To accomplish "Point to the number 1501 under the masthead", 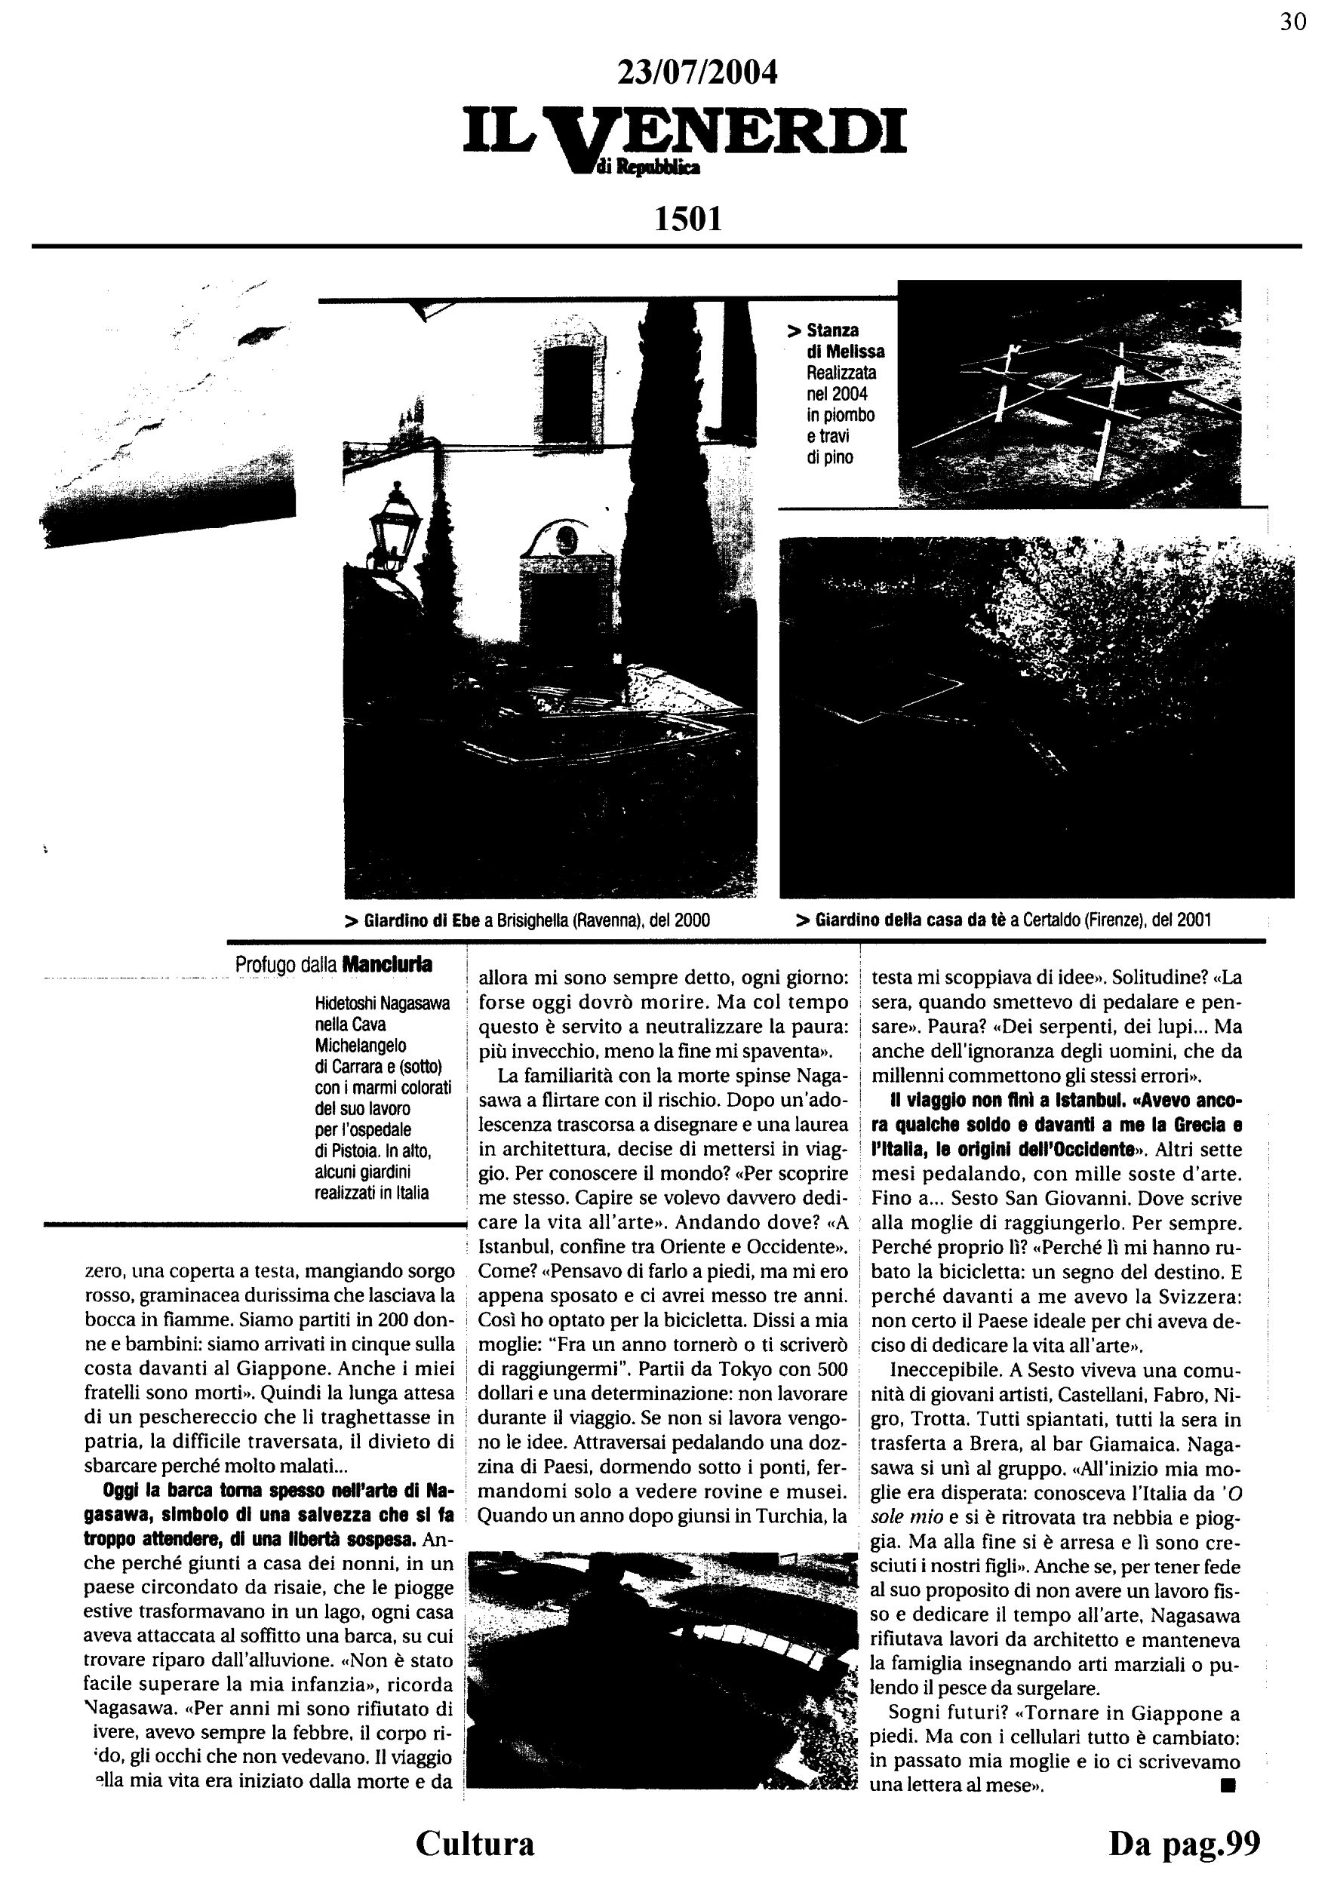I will pos(687,219).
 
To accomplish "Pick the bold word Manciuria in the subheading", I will pos(387,964).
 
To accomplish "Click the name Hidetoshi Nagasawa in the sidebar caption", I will pos(382,1004).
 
